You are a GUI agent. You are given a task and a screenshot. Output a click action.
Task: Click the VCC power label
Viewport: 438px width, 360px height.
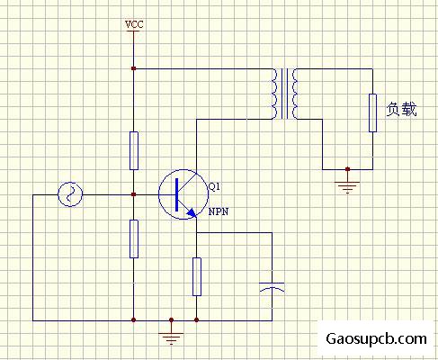(134, 24)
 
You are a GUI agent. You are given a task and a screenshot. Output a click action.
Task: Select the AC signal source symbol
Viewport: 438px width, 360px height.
(70, 194)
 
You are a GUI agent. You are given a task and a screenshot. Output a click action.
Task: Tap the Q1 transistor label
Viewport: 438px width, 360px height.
(214, 187)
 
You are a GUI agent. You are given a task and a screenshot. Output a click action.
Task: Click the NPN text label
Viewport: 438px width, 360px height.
(219, 211)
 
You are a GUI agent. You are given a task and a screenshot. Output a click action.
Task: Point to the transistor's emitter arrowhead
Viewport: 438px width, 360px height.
(192, 212)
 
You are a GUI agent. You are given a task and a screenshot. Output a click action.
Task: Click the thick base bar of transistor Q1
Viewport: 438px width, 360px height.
(176, 194)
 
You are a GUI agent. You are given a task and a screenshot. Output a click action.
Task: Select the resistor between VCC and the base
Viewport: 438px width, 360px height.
(134, 150)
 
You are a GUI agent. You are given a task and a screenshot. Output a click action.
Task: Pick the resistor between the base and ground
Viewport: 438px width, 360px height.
(134, 238)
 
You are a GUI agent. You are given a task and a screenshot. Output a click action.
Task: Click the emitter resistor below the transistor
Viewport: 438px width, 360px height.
(197, 276)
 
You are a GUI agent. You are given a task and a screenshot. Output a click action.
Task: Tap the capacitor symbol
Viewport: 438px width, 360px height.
(272, 287)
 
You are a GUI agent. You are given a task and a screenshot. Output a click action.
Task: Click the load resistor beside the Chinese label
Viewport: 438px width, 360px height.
(372, 112)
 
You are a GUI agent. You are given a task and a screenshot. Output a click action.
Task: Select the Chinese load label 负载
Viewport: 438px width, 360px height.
(401, 109)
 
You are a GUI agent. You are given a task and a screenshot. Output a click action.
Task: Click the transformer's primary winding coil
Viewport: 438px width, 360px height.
(276, 94)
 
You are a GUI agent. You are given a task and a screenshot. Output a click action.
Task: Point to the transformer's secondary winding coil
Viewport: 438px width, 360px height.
(295, 94)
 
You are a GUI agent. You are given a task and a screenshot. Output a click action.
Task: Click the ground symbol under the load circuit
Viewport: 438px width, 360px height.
(347, 187)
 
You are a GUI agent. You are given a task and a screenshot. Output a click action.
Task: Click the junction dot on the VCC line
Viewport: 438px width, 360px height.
(134, 68)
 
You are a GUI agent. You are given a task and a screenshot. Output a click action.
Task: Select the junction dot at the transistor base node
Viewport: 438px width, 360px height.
(134, 194)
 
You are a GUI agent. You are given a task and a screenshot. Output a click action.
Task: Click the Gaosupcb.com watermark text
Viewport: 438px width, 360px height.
(376, 339)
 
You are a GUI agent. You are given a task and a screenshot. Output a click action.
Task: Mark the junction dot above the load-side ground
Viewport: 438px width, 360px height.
(347, 169)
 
